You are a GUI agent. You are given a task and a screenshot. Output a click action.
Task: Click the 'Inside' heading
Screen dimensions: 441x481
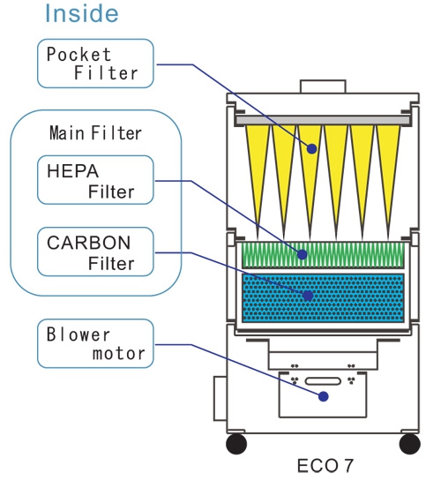[81, 13]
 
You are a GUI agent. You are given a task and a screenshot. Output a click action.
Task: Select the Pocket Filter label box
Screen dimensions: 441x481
[95, 64]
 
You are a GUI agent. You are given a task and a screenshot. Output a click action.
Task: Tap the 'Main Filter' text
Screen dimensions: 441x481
[95, 133]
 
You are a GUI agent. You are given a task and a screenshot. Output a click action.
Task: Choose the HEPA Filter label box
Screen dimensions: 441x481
[95, 180]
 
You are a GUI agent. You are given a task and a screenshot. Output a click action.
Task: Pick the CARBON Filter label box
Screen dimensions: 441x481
[95, 252]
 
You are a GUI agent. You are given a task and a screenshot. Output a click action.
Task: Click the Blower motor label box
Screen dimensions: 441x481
[95, 343]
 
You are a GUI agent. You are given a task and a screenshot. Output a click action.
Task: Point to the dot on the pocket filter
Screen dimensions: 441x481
[311, 149]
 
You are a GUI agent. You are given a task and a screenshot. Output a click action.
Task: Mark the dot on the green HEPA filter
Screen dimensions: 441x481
[302, 254]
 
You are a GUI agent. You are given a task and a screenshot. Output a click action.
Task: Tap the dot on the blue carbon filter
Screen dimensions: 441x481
[308, 296]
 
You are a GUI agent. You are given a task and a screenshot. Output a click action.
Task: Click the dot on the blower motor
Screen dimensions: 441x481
[324, 396]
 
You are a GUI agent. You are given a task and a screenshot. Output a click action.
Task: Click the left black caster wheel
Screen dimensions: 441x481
[236, 444]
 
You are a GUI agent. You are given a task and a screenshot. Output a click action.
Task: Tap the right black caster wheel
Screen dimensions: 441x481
[410, 444]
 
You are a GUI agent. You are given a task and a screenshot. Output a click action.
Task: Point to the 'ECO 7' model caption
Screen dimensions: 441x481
[325, 466]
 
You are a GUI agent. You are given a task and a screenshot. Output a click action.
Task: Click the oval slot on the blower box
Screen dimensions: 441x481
[323, 381]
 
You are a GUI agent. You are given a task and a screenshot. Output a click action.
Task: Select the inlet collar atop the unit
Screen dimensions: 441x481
[323, 86]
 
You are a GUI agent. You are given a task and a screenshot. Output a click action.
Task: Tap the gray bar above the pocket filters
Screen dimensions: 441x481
[323, 120]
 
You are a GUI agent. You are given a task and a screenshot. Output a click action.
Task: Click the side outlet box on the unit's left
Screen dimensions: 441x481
[220, 398]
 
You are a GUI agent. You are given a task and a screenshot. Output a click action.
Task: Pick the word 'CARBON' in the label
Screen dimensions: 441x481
[89, 243]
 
